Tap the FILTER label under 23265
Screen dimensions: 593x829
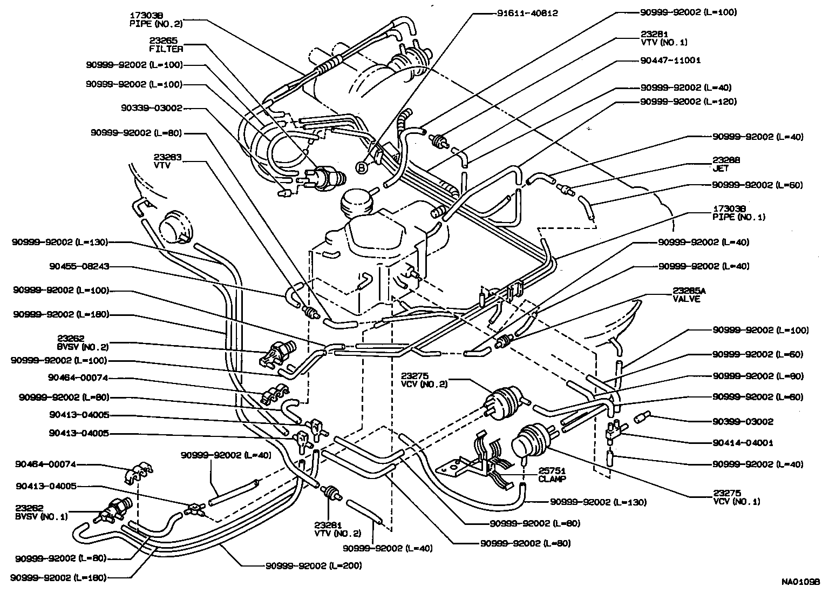coord(167,49)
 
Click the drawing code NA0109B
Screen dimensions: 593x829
coord(800,583)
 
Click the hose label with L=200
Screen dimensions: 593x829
coord(314,566)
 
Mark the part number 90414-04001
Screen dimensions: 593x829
coord(743,443)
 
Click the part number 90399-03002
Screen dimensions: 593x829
coord(743,422)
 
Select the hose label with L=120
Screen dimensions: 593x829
coord(689,102)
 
